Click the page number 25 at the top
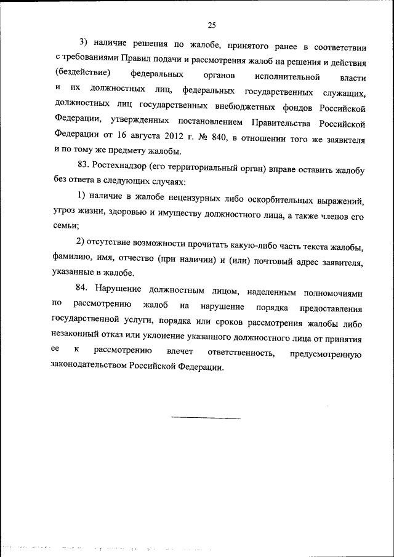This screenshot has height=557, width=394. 211,25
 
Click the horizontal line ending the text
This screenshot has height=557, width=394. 205,419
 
